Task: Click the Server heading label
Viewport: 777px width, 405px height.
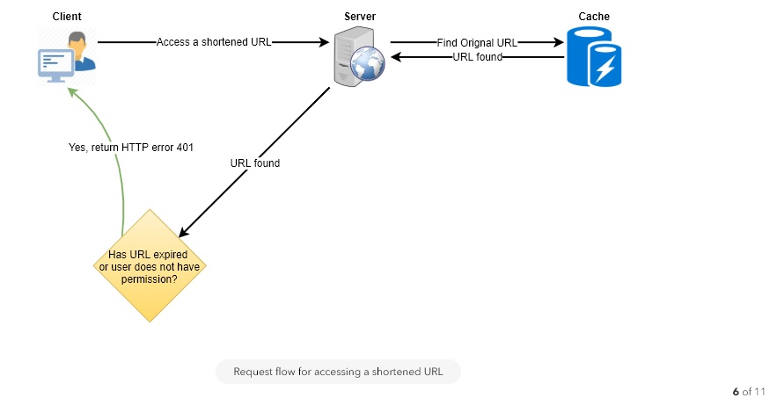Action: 359,17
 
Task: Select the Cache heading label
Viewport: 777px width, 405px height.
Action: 594,17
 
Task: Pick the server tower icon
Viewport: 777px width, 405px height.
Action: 349,54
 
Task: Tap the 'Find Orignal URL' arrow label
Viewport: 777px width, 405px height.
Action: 476,42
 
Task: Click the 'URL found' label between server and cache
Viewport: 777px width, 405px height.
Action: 477,57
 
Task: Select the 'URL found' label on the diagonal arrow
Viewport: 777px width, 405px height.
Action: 254,163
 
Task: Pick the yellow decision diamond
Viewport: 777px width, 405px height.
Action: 150,265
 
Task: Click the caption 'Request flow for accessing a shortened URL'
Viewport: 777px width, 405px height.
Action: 338,372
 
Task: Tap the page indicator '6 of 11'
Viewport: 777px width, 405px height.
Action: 749,391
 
